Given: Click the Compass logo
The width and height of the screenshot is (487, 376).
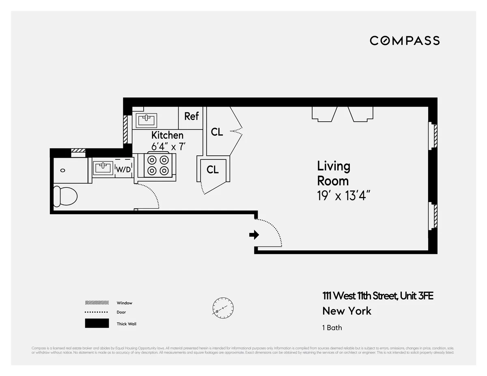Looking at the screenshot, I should click(x=405, y=41).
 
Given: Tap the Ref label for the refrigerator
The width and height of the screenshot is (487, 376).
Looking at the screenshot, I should click(x=192, y=116).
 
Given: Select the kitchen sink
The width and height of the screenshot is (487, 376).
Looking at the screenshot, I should click(x=147, y=120).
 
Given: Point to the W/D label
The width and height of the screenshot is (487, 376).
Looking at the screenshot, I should click(x=123, y=169).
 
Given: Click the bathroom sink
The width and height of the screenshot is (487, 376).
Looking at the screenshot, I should click(x=103, y=167).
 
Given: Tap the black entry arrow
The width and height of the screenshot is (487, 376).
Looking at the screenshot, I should click(x=254, y=234).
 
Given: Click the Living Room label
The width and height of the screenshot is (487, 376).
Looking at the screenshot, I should click(x=333, y=173).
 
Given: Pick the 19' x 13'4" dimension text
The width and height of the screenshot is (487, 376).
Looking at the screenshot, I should click(x=344, y=196).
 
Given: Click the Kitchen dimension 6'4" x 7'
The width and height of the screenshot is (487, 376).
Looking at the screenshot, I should click(x=168, y=146).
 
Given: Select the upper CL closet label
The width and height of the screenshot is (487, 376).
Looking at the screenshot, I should click(x=217, y=132).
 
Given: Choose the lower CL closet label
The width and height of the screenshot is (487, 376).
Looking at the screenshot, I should click(x=213, y=170).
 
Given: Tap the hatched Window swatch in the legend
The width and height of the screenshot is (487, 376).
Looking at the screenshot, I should click(x=97, y=303).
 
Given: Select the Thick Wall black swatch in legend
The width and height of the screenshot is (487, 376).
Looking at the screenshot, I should click(x=97, y=323).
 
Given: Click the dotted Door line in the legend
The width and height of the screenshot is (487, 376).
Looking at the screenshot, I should click(x=97, y=312).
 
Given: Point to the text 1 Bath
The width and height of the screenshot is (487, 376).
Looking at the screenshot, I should click(x=332, y=328).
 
